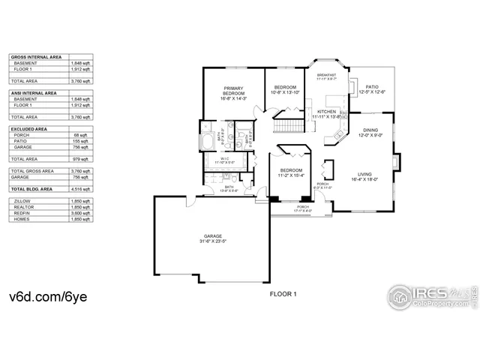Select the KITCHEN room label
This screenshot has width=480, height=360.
tap(326, 113)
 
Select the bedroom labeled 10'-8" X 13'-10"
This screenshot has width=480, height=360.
tap(284, 89)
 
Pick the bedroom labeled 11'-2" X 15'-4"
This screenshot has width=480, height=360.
tap(291, 172)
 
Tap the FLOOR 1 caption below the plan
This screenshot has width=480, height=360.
tap(283, 293)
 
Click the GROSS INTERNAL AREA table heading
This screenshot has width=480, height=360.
tap(35, 56)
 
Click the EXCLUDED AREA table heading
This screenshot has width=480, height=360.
tap(30, 129)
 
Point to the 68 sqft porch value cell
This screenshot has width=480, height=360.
tap(81, 135)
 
